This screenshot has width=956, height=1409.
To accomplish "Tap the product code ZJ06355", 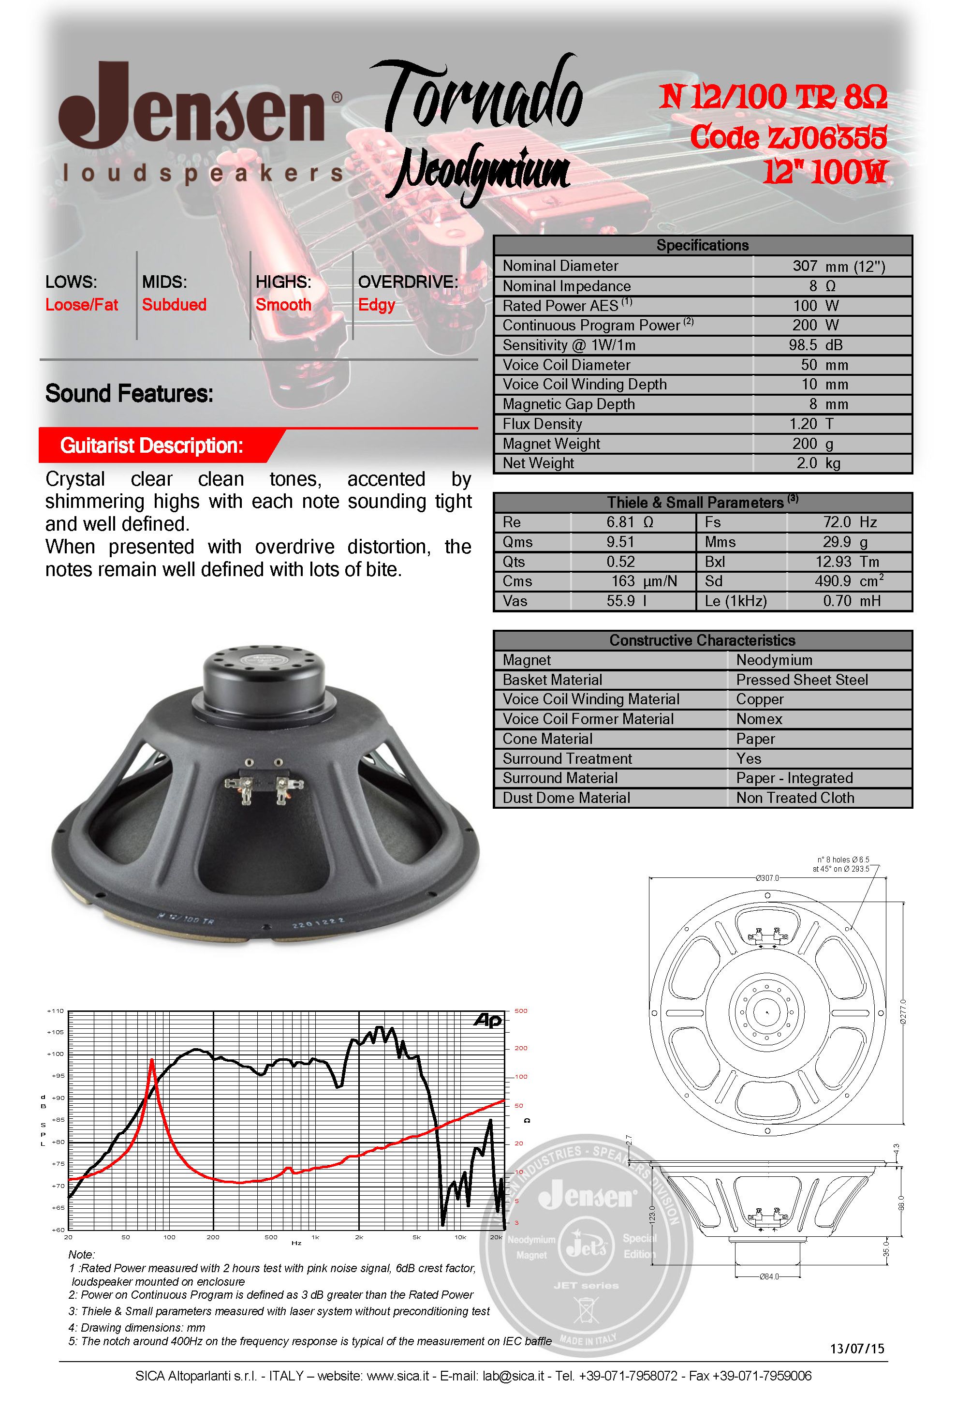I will (x=788, y=137).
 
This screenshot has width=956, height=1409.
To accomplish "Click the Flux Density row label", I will (x=542, y=424).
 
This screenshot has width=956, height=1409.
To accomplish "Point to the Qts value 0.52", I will (x=621, y=562).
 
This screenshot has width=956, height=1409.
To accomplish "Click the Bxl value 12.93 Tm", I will (x=846, y=562).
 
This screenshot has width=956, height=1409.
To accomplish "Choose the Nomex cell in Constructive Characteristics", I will (x=759, y=719).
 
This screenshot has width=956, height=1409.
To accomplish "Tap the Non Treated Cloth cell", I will (x=795, y=798).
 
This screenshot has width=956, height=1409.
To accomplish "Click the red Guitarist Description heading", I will (x=151, y=445).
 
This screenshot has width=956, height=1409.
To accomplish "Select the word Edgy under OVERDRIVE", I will (x=377, y=304).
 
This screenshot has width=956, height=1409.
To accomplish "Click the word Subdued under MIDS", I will (x=174, y=304).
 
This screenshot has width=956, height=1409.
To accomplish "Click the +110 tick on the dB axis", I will (x=56, y=1011).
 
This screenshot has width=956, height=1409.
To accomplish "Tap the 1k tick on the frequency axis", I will (x=315, y=1237).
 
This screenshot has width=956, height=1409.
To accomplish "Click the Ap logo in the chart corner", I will (x=488, y=1022).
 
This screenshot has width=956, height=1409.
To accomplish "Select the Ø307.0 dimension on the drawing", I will (x=767, y=878).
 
